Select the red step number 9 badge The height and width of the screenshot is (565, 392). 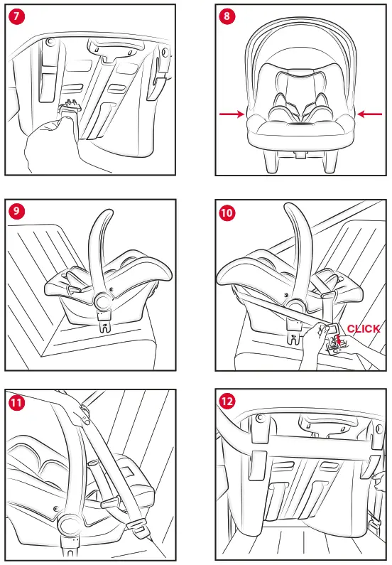click(x=16, y=212)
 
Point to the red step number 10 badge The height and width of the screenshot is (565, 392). click(x=227, y=212)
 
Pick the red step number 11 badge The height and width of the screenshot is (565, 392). click(x=16, y=402)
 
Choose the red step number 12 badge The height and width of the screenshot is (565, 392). click(x=227, y=402)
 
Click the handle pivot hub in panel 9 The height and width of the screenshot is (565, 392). click(x=103, y=300)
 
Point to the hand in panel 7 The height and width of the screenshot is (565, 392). click(x=50, y=146)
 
